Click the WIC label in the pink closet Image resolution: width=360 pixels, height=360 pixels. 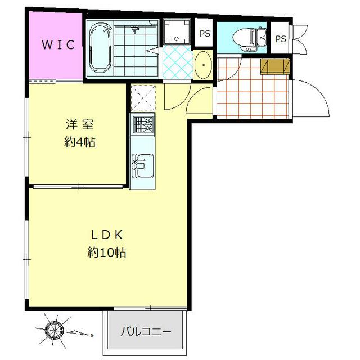pyautogui.click(x=57, y=45)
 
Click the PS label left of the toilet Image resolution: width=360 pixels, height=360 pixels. pyautogui.click(x=205, y=34)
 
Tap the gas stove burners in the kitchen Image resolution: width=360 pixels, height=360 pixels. pyautogui.click(x=142, y=124)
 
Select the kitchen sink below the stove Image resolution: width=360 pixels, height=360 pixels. pyautogui.click(x=142, y=164)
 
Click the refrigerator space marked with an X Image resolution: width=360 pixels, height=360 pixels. pyautogui.click(x=142, y=98)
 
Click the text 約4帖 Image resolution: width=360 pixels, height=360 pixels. pyautogui.click(x=79, y=142)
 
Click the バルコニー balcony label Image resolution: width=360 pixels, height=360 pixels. pyautogui.click(x=145, y=331)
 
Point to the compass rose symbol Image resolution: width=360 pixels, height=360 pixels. pyautogui.click(x=55, y=329)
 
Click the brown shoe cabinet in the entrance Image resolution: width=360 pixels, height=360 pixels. pyautogui.click(x=275, y=66)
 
